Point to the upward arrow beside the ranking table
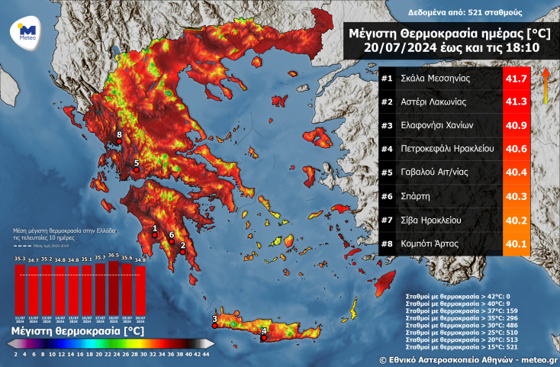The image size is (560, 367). click(x=546, y=84)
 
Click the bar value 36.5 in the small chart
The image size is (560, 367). click(x=114, y=256)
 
